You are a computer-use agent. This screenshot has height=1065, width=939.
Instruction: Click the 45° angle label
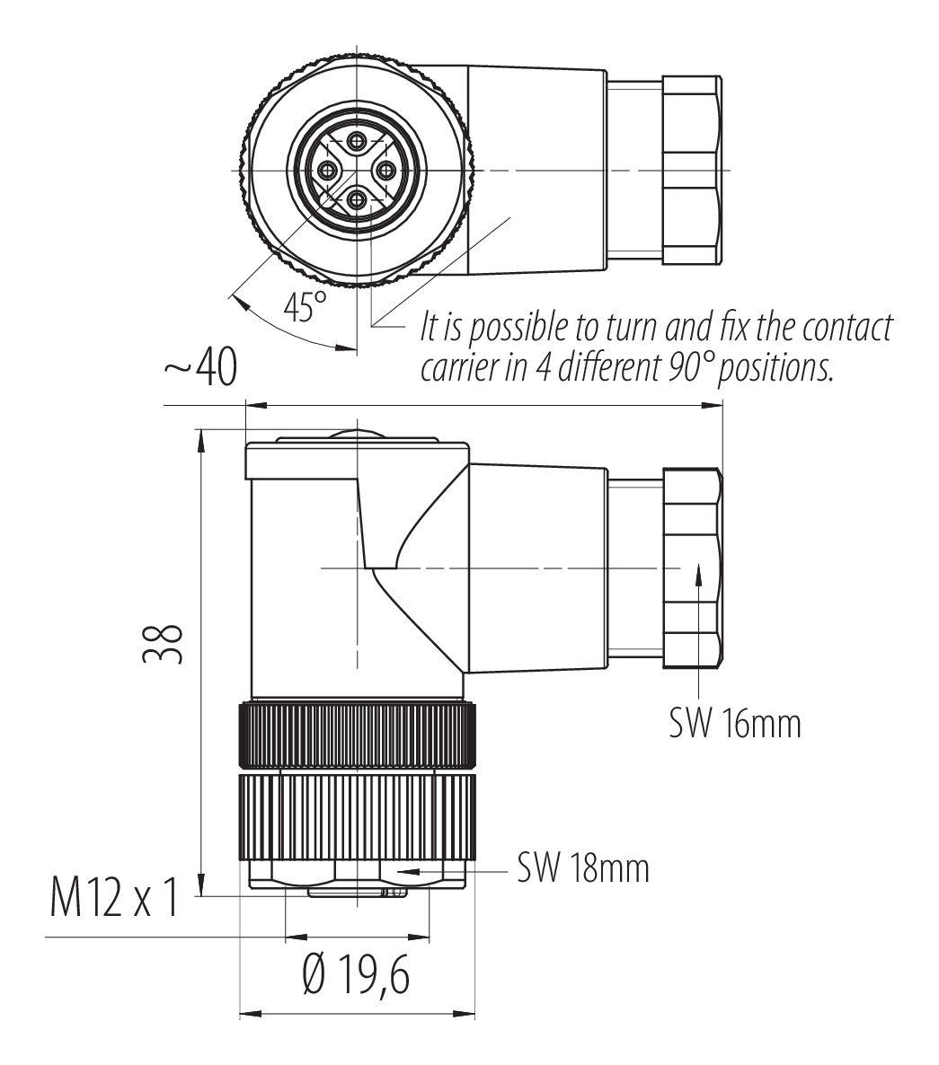coord(305,308)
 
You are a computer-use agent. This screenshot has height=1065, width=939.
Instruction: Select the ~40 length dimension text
coord(199,368)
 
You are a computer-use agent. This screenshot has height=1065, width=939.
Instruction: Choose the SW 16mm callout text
coord(734,722)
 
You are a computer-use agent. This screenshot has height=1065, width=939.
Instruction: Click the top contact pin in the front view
coord(358,140)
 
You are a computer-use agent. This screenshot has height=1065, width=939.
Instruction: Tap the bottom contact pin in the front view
coord(358,199)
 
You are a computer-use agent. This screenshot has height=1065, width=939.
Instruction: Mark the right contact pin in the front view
coord(387,170)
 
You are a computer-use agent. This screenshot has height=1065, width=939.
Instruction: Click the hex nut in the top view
coord(691,170)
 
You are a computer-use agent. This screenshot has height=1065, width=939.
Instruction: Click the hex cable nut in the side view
coord(692,568)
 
